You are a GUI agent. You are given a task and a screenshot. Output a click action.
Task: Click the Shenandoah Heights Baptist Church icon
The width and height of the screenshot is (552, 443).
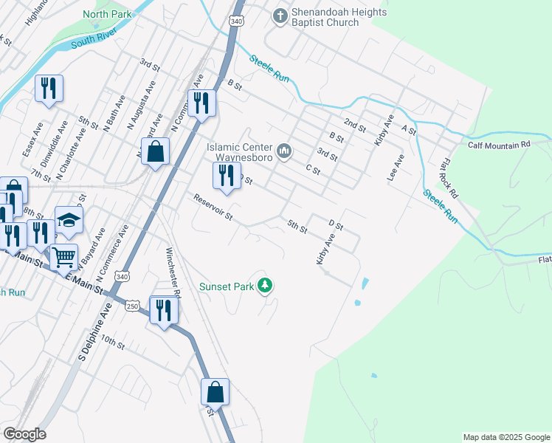[280, 16]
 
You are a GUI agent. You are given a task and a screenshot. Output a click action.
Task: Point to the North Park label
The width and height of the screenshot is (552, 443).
[107, 14]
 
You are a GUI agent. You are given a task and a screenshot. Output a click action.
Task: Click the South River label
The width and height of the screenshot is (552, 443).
[94, 41]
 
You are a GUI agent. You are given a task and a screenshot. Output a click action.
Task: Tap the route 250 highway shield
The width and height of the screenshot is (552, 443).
[132, 306]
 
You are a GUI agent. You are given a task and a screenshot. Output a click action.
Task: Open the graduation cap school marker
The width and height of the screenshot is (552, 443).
[69, 219]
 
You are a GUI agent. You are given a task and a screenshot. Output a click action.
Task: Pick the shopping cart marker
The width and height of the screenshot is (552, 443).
[64, 257]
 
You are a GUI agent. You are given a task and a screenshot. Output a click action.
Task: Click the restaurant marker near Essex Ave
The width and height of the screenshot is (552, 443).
[49, 88]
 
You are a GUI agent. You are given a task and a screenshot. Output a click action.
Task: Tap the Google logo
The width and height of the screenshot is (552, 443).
[24, 434]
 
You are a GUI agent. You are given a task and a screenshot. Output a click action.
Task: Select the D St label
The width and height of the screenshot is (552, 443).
[337, 224]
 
